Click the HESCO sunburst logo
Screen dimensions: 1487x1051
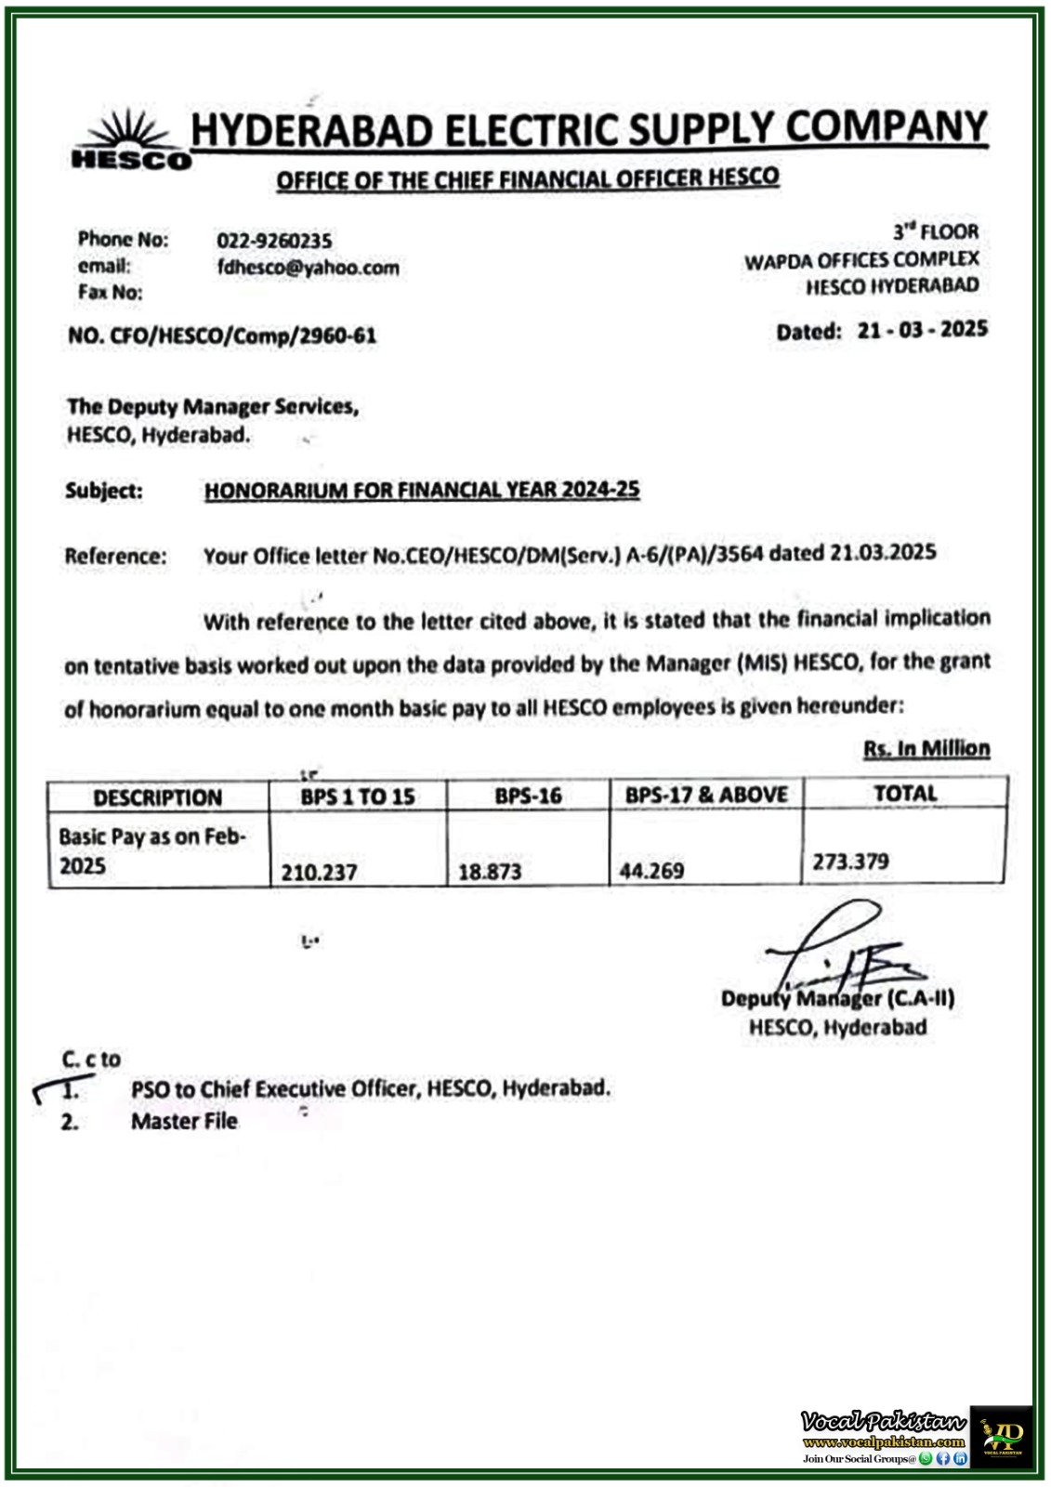click(131, 139)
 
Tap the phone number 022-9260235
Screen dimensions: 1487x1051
click(274, 241)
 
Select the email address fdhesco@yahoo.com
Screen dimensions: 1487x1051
click(309, 268)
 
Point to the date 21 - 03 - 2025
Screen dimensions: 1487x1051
click(922, 329)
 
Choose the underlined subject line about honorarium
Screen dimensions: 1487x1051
click(422, 490)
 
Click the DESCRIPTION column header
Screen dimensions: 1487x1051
click(158, 797)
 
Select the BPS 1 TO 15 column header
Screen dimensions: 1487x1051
click(358, 796)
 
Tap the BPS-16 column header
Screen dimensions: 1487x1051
click(528, 796)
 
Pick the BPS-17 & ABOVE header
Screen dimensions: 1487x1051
click(706, 795)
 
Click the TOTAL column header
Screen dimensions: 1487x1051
click(905, 793)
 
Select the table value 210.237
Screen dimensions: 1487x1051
click(319, 873)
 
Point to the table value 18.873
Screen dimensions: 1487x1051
click(490, 872)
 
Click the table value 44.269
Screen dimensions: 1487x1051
click(651, 871)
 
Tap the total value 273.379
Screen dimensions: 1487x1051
click(850, 862)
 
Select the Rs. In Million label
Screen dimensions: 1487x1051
click(926, 748)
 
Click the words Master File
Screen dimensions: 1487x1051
click(184, 1122)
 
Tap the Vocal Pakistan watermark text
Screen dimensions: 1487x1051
click(883, 1421)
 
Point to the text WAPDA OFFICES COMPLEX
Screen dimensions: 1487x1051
click(861, 260)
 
